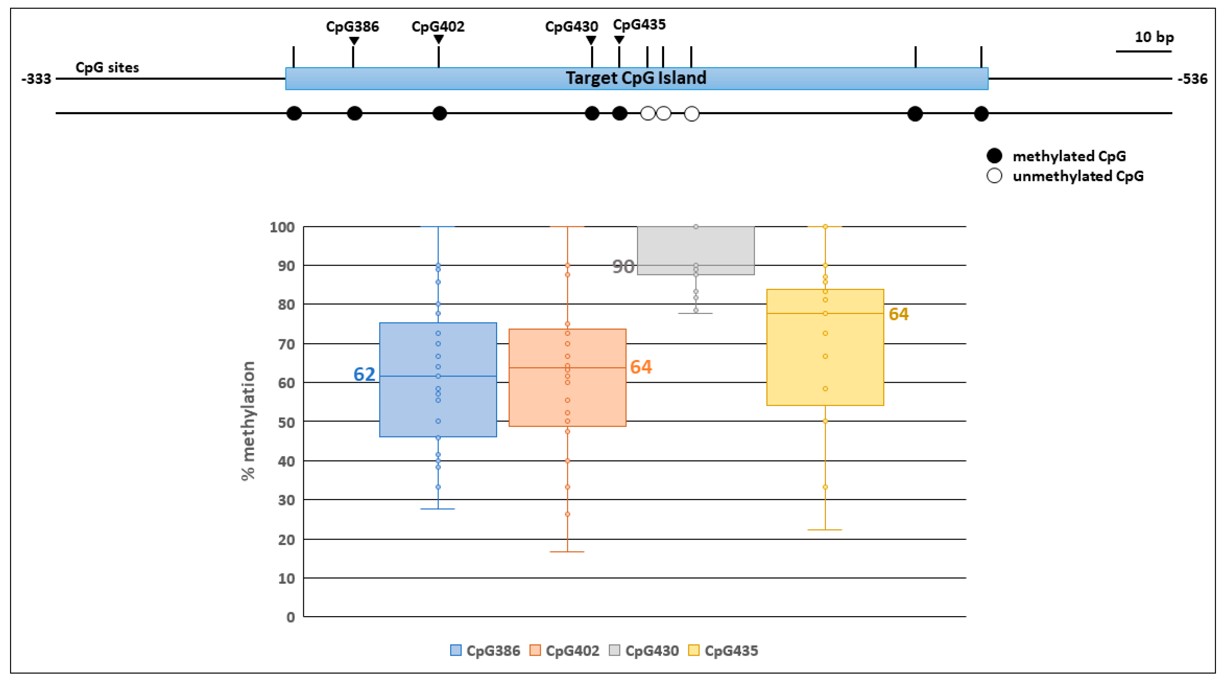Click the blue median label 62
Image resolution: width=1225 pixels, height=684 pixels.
click(x=364, y=374)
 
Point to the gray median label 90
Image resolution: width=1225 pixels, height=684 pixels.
click(x=623, y=267)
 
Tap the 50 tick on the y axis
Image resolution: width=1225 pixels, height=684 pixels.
click(x=286, y=422)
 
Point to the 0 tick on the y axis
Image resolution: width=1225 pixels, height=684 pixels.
click(x=290, y=618)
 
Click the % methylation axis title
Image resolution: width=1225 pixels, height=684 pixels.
click(x=248, y=421)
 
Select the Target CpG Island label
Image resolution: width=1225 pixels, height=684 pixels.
click(x=636, y=78)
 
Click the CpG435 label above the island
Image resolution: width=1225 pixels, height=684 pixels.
click(x=639, y=24)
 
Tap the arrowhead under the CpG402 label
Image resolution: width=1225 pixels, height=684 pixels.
click(x=438, y=40)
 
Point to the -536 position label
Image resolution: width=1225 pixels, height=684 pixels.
click(x=1192, y=79)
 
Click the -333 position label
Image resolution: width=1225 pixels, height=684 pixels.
click(x=36, y=79)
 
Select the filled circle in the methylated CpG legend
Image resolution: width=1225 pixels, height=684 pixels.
click(x=994, y=156)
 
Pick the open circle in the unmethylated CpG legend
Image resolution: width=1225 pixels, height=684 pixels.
click(x=994, y=176)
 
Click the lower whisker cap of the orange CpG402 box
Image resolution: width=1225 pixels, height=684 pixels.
click(x=567, y=552)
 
